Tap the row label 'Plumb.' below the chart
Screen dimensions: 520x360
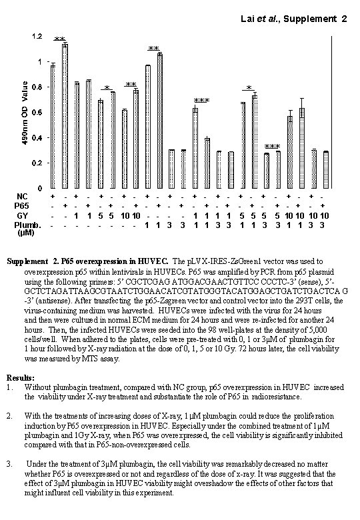(27, 225)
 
